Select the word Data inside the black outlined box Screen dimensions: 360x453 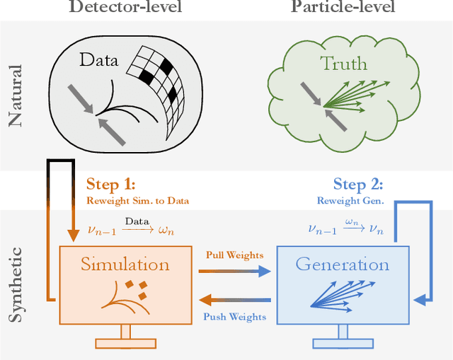click(x=99, y=61)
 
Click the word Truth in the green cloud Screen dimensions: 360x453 click(x=344, y=64)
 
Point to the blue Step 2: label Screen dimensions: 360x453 click(x=357, y=185)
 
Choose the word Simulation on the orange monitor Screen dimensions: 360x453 click(x=126, y=265)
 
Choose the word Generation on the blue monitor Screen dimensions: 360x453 click(x=343, y=265)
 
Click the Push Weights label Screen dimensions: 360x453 click(x=234, y=316)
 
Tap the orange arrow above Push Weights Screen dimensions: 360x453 click(x=235, y=300)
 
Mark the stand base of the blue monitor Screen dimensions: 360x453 click(x=343, y=344)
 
